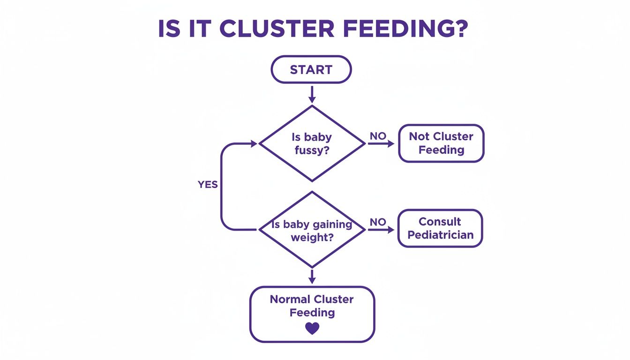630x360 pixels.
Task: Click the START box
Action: coord(311,70)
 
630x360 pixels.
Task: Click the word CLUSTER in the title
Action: coord(277,29)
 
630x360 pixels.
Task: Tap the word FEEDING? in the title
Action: coord(405,29)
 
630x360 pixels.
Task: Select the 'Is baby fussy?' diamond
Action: coord(312,143)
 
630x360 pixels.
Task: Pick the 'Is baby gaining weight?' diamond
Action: coord(312,230)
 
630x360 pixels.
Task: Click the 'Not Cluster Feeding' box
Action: coord(441,143)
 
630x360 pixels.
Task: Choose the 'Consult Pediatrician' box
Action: coord(440,228)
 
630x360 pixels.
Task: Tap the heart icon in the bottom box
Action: coord(312,328)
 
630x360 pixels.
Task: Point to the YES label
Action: coord(208,185)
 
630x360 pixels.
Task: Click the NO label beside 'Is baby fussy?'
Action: coord(378,136)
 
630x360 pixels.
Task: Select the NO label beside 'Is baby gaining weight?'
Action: coord(378,222)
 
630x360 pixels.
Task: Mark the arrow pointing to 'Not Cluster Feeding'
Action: coord(381,144)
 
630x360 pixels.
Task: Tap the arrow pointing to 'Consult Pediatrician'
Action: coord(381,230)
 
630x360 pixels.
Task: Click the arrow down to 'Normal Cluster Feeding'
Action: coord(312,276)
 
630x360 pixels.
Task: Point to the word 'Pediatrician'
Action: coord(440,235)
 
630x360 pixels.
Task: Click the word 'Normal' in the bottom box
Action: coord(290,300)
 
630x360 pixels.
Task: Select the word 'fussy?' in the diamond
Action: coord(312,150)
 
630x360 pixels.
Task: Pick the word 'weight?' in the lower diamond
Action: coord(312,237)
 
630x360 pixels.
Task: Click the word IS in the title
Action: coord(169,29)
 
